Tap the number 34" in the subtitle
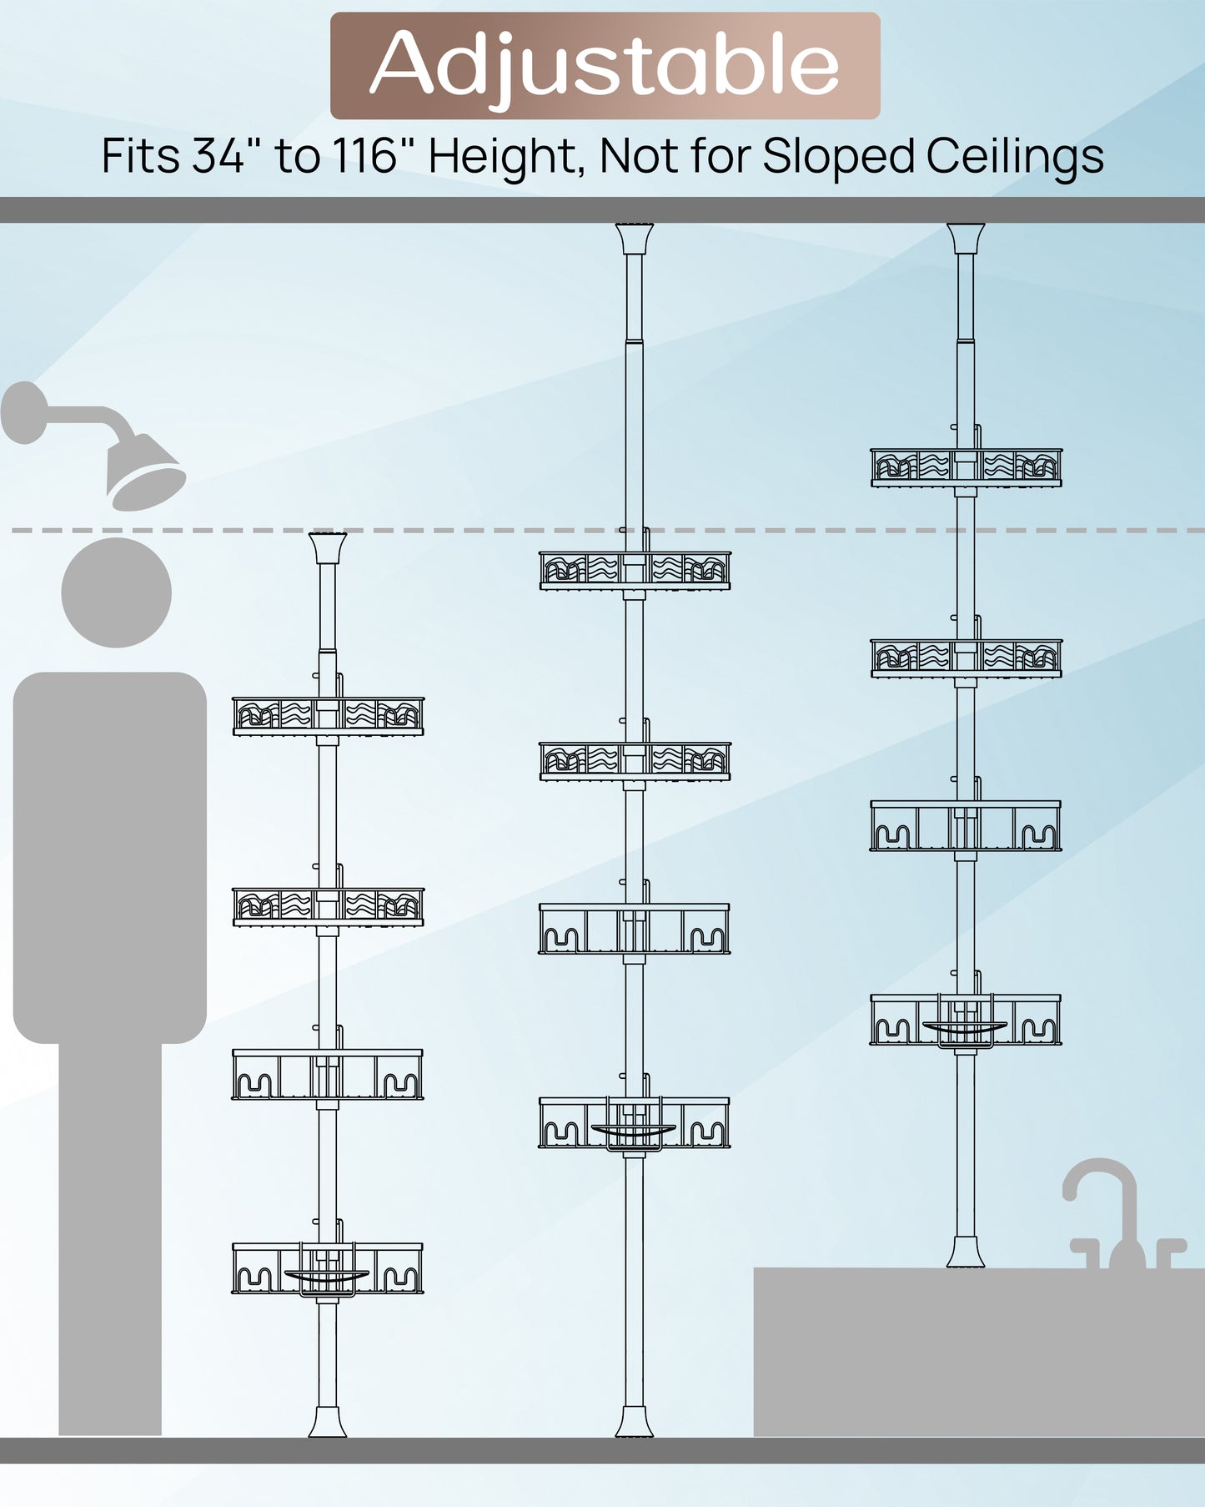[x=219, y=156]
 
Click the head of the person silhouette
[x=117, y=592]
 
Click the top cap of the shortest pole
[x=328, y=548]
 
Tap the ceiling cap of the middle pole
[x=635, y=239]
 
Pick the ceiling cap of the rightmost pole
[x=966, y=239]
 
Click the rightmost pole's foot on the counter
[x=966, y=1252]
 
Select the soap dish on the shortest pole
[x=326, y=1277]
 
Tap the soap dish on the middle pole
[x=634, y=1131]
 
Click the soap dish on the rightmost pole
[x=965, y=1029]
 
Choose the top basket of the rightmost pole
[x=967, y=468]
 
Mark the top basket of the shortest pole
[x=328, y=716]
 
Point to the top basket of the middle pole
[x=635, y=571]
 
